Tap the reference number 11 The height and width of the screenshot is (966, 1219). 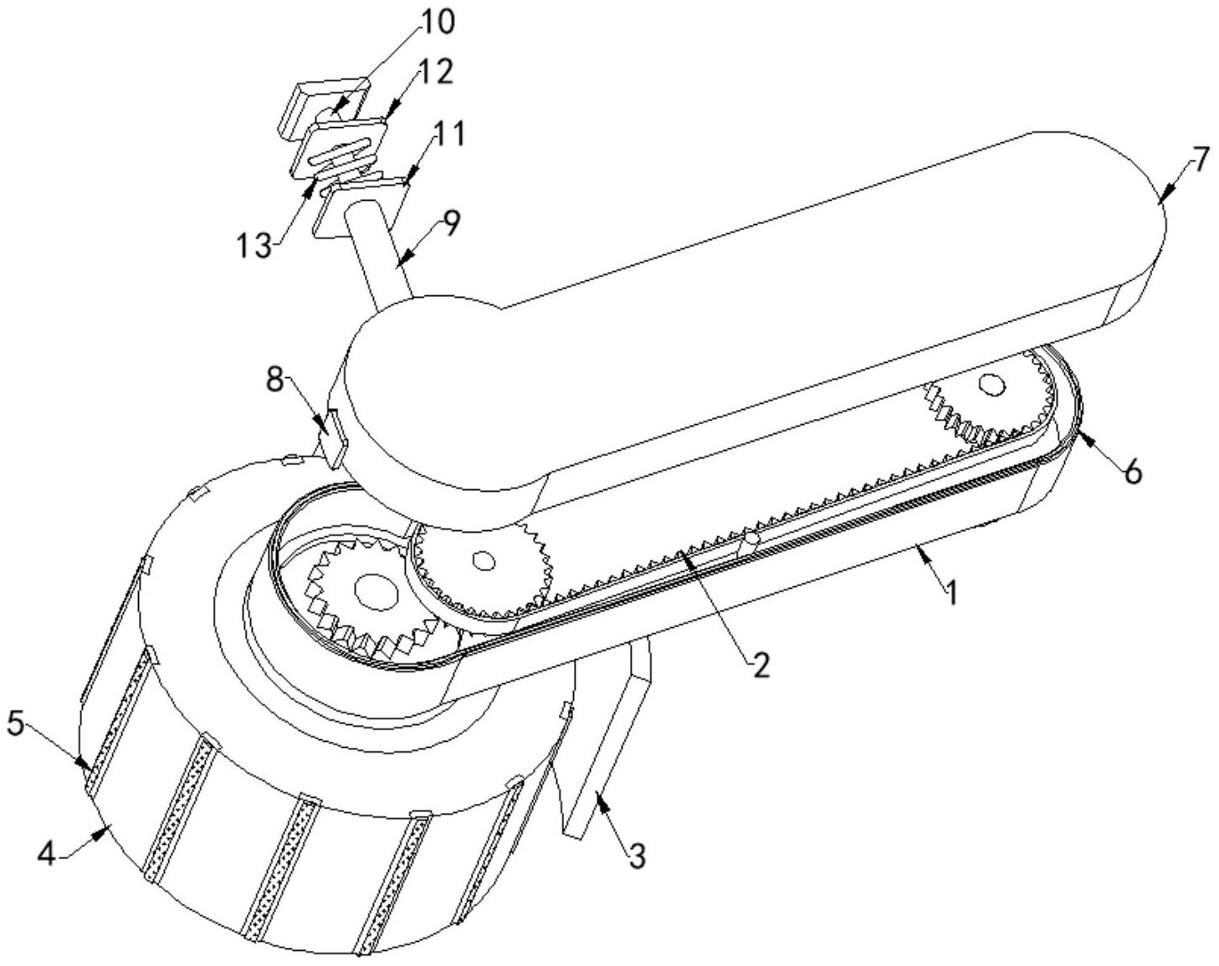tap(449, 134)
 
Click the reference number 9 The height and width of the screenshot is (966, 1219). tap(451, 224)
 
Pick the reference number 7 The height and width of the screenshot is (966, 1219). tap(1201, 159)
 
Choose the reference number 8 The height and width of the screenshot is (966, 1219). tap(275, 380)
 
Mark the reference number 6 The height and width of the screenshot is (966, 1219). tap(1132, 472)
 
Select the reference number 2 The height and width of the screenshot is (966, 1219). tap(760, 665)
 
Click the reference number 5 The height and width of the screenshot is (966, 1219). tap(16, 723)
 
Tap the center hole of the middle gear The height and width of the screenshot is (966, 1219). tap(481, 560)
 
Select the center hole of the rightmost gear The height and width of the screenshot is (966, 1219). tap(991, 385)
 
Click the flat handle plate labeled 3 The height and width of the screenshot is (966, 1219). tap(607, 744)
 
